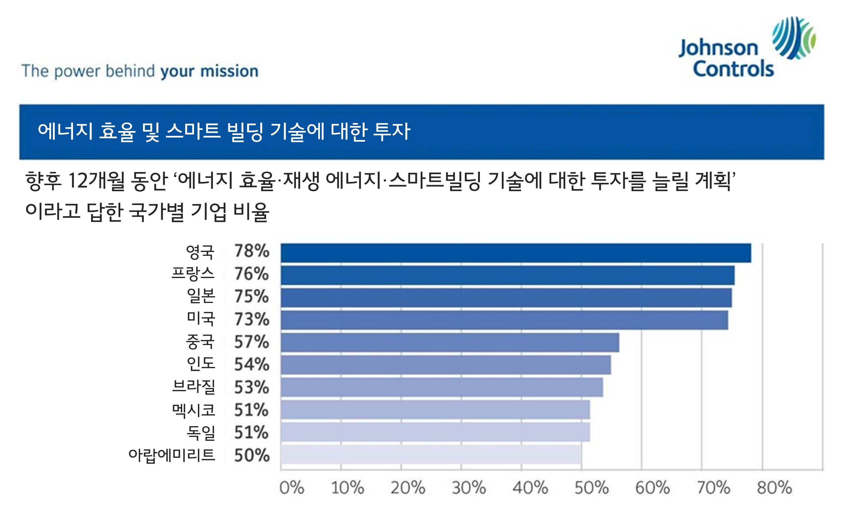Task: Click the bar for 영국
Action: click(515, 253)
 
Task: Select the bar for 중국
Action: click(450, 342)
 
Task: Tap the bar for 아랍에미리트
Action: click(431, 455)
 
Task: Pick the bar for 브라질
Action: click(441, 387)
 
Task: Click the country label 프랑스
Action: click(193, 274)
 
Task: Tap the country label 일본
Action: click(201, 296)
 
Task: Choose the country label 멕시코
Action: click(194, 410)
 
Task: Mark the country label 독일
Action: click(201, 433)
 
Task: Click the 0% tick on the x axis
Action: click(292, 488)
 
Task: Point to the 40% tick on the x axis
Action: click(530, 488)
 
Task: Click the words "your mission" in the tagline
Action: click(209, 71)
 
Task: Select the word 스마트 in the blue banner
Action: click(193, 131)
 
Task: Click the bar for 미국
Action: click(504, 320)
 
